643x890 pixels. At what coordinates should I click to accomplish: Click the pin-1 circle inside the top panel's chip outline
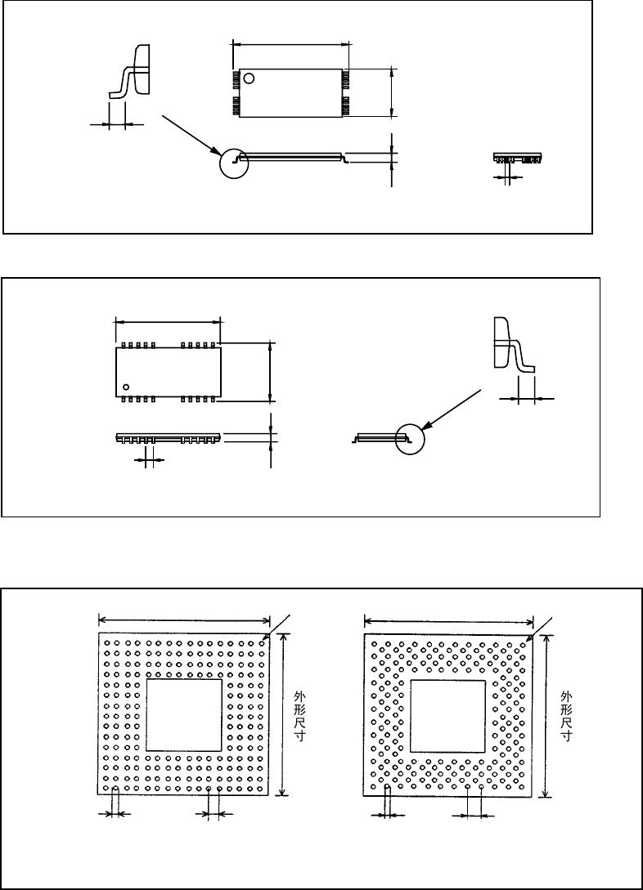point(250,78)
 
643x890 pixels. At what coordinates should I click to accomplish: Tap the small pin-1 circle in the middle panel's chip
point(126,385)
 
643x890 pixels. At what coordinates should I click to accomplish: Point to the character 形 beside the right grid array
point(565,709)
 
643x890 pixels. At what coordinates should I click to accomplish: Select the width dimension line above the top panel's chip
point(290,43)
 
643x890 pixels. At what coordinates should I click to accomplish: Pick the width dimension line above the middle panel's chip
point(168,321)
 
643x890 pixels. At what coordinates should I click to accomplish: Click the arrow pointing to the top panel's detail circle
point(189,135)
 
